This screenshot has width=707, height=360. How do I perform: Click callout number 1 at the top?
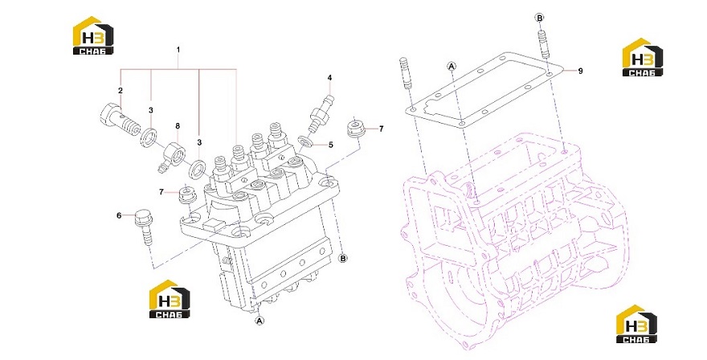pyautogui.click(x=178, y=49)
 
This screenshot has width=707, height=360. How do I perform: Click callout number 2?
pyautogui.click(x=121, y=91)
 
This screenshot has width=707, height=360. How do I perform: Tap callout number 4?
pyautogui.click(x=329, y=78)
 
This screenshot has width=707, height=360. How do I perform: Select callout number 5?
pyautogui.click(x=330, y=145)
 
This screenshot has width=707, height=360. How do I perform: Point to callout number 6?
pyautogui.click(x=119, y=215)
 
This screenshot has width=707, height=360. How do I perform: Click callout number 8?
pyautogui.click(x=178, y=126)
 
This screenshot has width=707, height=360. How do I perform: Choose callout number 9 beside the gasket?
pyautogui.click(x=580, y=71)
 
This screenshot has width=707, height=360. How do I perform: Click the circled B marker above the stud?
pyautogui.click(x=539, y=18)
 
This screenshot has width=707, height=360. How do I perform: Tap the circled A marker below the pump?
pyautogui.click(x=259, y=321)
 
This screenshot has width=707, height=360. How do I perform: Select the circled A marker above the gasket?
pyautogui.click(x=452, y=67)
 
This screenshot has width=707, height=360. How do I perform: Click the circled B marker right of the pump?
pyautogui.click(x=343, y=259)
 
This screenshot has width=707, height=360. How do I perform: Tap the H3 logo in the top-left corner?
pyautogui.click(x=93, y=35)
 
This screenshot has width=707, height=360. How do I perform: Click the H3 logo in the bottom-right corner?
pyautogui.click(x=636, y=324)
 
